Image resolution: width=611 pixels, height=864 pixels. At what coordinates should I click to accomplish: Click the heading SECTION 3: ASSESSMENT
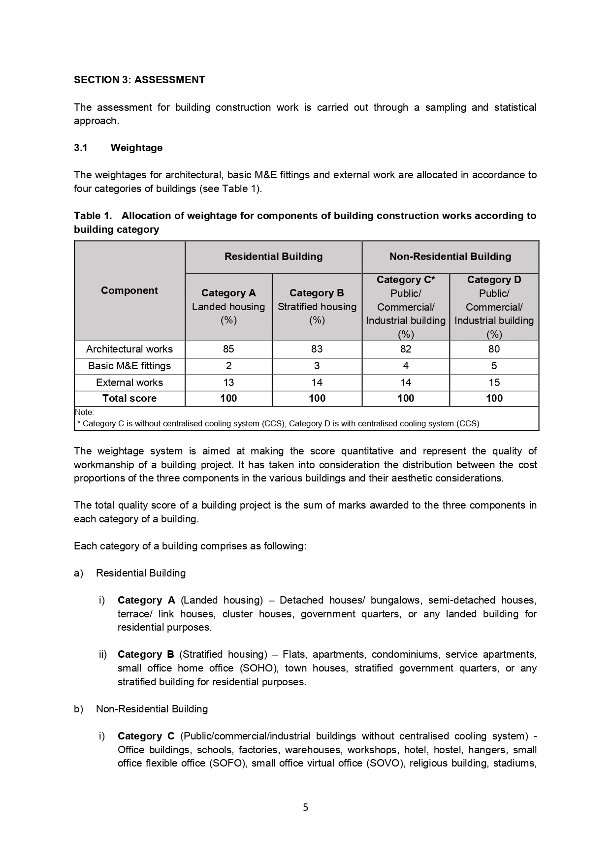click(139, 80)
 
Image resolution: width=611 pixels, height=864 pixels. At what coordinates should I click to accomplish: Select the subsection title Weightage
click(136, 148)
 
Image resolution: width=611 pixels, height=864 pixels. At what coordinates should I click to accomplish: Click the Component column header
click(129, 290)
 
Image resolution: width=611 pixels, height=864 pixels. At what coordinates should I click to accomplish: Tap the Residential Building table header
click(273, 256)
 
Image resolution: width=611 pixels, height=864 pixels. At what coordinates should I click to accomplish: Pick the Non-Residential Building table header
click(450, 256)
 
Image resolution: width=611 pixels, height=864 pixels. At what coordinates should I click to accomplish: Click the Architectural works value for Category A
click(228, 349)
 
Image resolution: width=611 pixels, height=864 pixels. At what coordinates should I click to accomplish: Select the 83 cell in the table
click(317, 349)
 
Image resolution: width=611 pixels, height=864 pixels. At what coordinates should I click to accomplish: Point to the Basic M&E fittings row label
click(129, 366)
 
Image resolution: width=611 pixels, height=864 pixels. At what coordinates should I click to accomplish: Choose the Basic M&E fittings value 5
click(494, 366)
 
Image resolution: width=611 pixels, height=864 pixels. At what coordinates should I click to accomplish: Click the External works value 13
click(228, 383)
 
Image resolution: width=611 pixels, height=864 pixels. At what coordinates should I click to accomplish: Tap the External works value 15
click(494, 383)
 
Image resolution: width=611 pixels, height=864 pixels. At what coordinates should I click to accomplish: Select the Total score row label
click(129, 398)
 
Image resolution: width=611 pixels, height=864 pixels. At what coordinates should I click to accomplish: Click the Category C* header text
click(406, 280)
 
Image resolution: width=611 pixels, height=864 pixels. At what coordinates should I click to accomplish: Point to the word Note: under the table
click(84, 412)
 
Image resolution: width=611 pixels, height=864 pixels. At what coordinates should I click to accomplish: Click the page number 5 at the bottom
click(305, 807)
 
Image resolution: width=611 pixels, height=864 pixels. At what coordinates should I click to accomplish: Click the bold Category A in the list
click(146, 600)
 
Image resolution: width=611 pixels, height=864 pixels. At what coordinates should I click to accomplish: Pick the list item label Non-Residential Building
click(152, 709)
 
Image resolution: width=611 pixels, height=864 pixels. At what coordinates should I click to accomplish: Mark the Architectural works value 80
click(494, 349)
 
